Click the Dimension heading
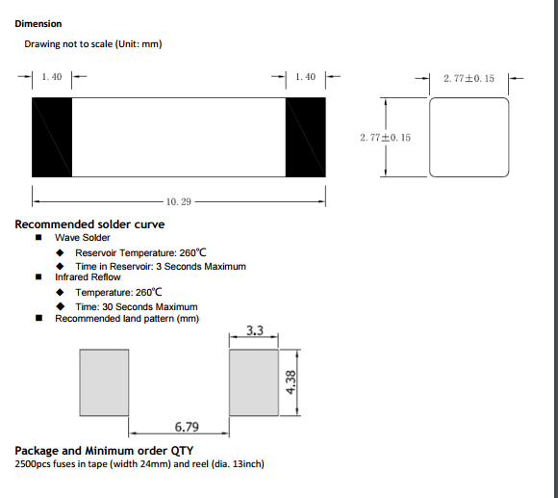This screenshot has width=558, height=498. click(x=38, y=24)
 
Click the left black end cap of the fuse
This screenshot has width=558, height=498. click(x=52, y=137)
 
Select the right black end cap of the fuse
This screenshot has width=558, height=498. click(x=305, y=137)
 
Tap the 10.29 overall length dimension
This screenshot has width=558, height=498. click(x=179, y=202)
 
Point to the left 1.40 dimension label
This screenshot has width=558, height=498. click(x=52, y=77)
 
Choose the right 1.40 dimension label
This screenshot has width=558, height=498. click(x=305, y=77)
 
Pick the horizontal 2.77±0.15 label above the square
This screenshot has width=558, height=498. click(x=469, y=78)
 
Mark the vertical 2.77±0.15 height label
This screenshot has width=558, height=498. click(x=385, y=138)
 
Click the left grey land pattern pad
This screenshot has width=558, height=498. click(x=104, y=382)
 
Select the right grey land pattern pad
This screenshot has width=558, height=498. click(x=254, y=382)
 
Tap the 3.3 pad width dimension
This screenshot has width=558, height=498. click(x=255, y=330)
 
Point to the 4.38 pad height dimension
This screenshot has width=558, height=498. click(x=291, y=382)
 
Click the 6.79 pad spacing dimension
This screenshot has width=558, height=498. click(x=187, y=427)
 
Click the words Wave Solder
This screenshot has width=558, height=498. click(x=82, y=238)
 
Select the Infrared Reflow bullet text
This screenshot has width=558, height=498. click(x=88, y=277)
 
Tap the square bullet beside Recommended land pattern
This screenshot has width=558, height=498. click(x=38, y=318)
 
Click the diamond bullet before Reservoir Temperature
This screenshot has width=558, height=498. click(x=60, y=252)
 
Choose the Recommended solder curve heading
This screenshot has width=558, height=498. click(x=89, y=224)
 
